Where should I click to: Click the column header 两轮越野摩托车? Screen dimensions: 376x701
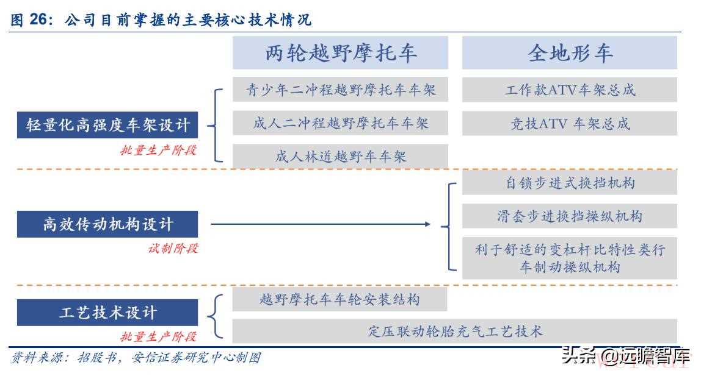click(x=340, y=52)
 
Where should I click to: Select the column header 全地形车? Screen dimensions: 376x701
click(x=569, y=52)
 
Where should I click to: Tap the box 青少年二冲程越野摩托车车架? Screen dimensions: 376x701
click(x=340, y=90)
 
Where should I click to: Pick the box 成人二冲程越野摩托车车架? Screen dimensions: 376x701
click(x=340, y=123)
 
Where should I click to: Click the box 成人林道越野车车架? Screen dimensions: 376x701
click(x=340, y=156)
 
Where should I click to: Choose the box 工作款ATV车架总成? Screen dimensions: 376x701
click(x=569, y=90)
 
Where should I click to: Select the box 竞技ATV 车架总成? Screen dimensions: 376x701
click(x=569, y=123)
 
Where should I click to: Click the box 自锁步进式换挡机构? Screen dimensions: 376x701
click(x=569, y=182)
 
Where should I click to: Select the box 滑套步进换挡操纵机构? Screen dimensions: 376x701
click(x=569, y=216)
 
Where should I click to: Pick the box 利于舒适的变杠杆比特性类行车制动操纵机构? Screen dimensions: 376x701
click(x=569, y=258)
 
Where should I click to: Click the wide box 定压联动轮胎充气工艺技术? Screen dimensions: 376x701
click(x=455, y=331)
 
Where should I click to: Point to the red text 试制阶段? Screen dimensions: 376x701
click(x=173, y=248)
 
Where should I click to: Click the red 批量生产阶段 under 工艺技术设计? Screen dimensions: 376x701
click(x=158, y=336)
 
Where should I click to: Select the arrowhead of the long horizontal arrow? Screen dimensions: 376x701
click(x=428, y=224)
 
